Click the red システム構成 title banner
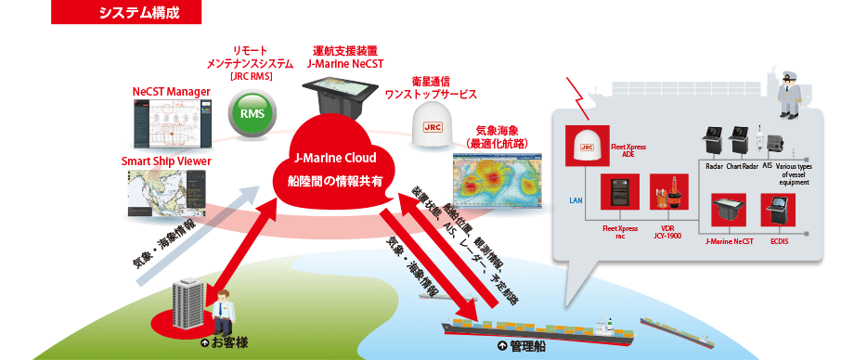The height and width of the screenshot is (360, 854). click(x=138, y=12)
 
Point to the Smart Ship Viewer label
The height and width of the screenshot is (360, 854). click(x=165, y=161)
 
